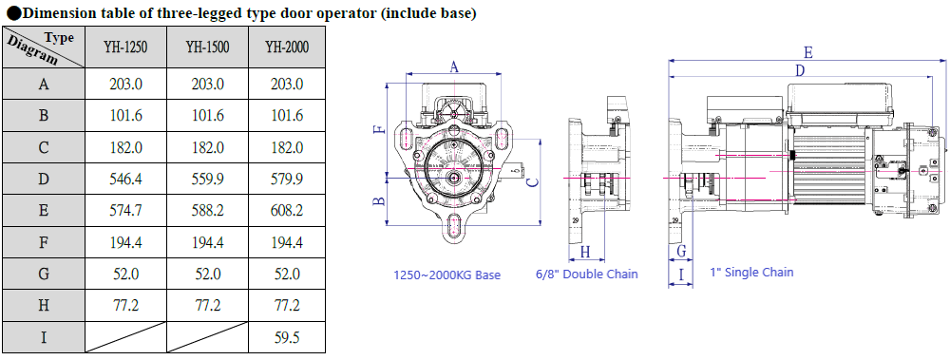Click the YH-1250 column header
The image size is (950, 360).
[125, 47]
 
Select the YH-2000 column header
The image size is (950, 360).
[287, 47]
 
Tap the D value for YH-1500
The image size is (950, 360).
[207, 179]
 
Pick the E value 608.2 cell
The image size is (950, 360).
[287, 210]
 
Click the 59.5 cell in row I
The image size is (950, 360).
[287, 337]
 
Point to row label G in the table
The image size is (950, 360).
[44, 274]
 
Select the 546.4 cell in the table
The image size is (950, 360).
[125, 179]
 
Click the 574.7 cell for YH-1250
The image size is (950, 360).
[125, 210]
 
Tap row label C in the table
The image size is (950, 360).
[44, 147]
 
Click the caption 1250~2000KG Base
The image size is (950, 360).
[447, 275]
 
